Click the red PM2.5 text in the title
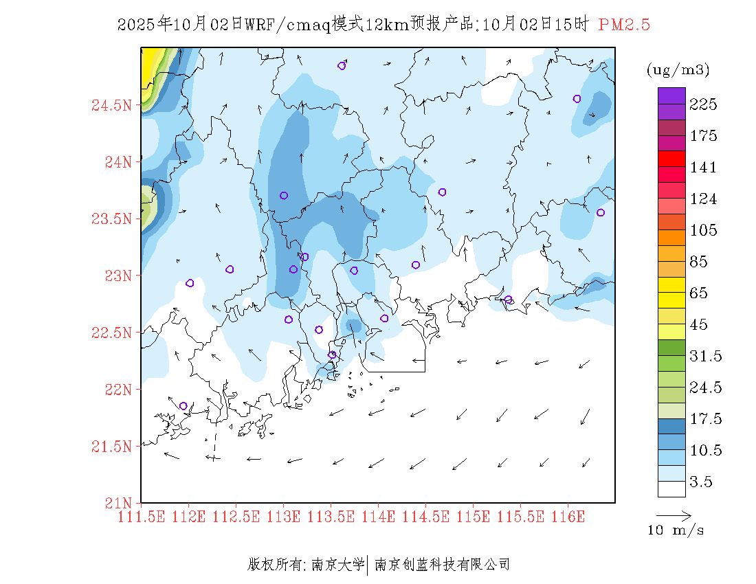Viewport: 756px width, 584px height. click(x=624, y=25)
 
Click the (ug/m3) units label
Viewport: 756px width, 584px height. click(x=678, y=70)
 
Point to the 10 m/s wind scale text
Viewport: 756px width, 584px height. click(x=676, y=530)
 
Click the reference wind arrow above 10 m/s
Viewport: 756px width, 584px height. click(x=674, y=515)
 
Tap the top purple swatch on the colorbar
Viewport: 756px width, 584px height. click(x=671, y=96)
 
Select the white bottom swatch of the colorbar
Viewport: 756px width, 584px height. click(x=671, y=488)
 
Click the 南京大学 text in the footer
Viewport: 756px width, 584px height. click(x=337, y=565)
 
